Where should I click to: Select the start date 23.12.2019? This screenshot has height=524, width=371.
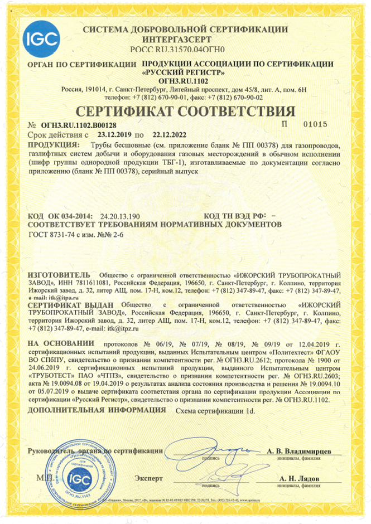pos(115,135)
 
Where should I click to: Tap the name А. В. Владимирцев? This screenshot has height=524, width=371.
pos(300,450)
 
